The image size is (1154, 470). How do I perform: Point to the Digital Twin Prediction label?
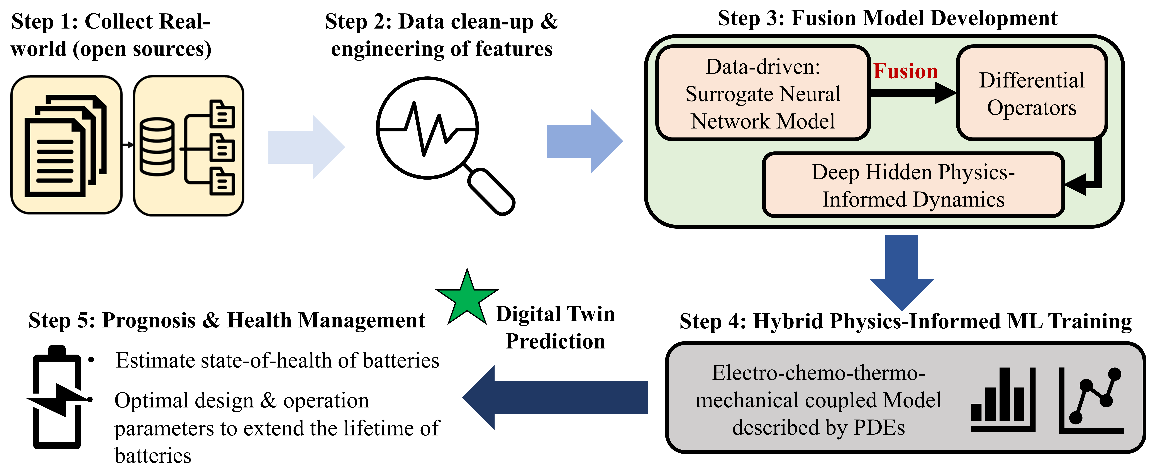coord(556,327)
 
